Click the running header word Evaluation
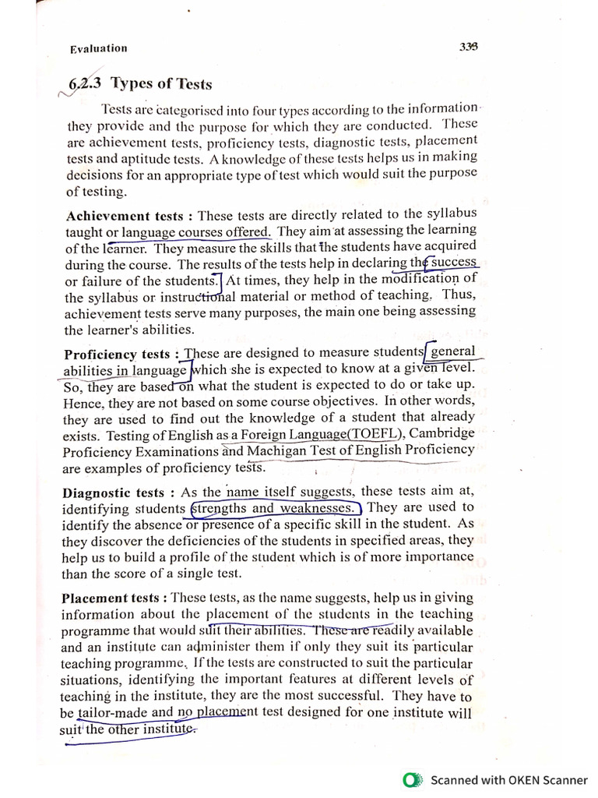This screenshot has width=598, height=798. click(x=98, y=48)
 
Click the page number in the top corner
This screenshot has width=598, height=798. click(x=468, y=46)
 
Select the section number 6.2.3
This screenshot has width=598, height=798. click(x=84, y=83)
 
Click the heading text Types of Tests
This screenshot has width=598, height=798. click(x=161, y=83)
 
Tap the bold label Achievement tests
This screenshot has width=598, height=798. click(x=125, y=216)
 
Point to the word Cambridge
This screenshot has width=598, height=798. click(x=441, y=433)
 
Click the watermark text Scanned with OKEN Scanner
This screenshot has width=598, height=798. click(x=509, y=779)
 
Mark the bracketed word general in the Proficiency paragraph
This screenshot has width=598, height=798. click(x=452, y=351)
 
